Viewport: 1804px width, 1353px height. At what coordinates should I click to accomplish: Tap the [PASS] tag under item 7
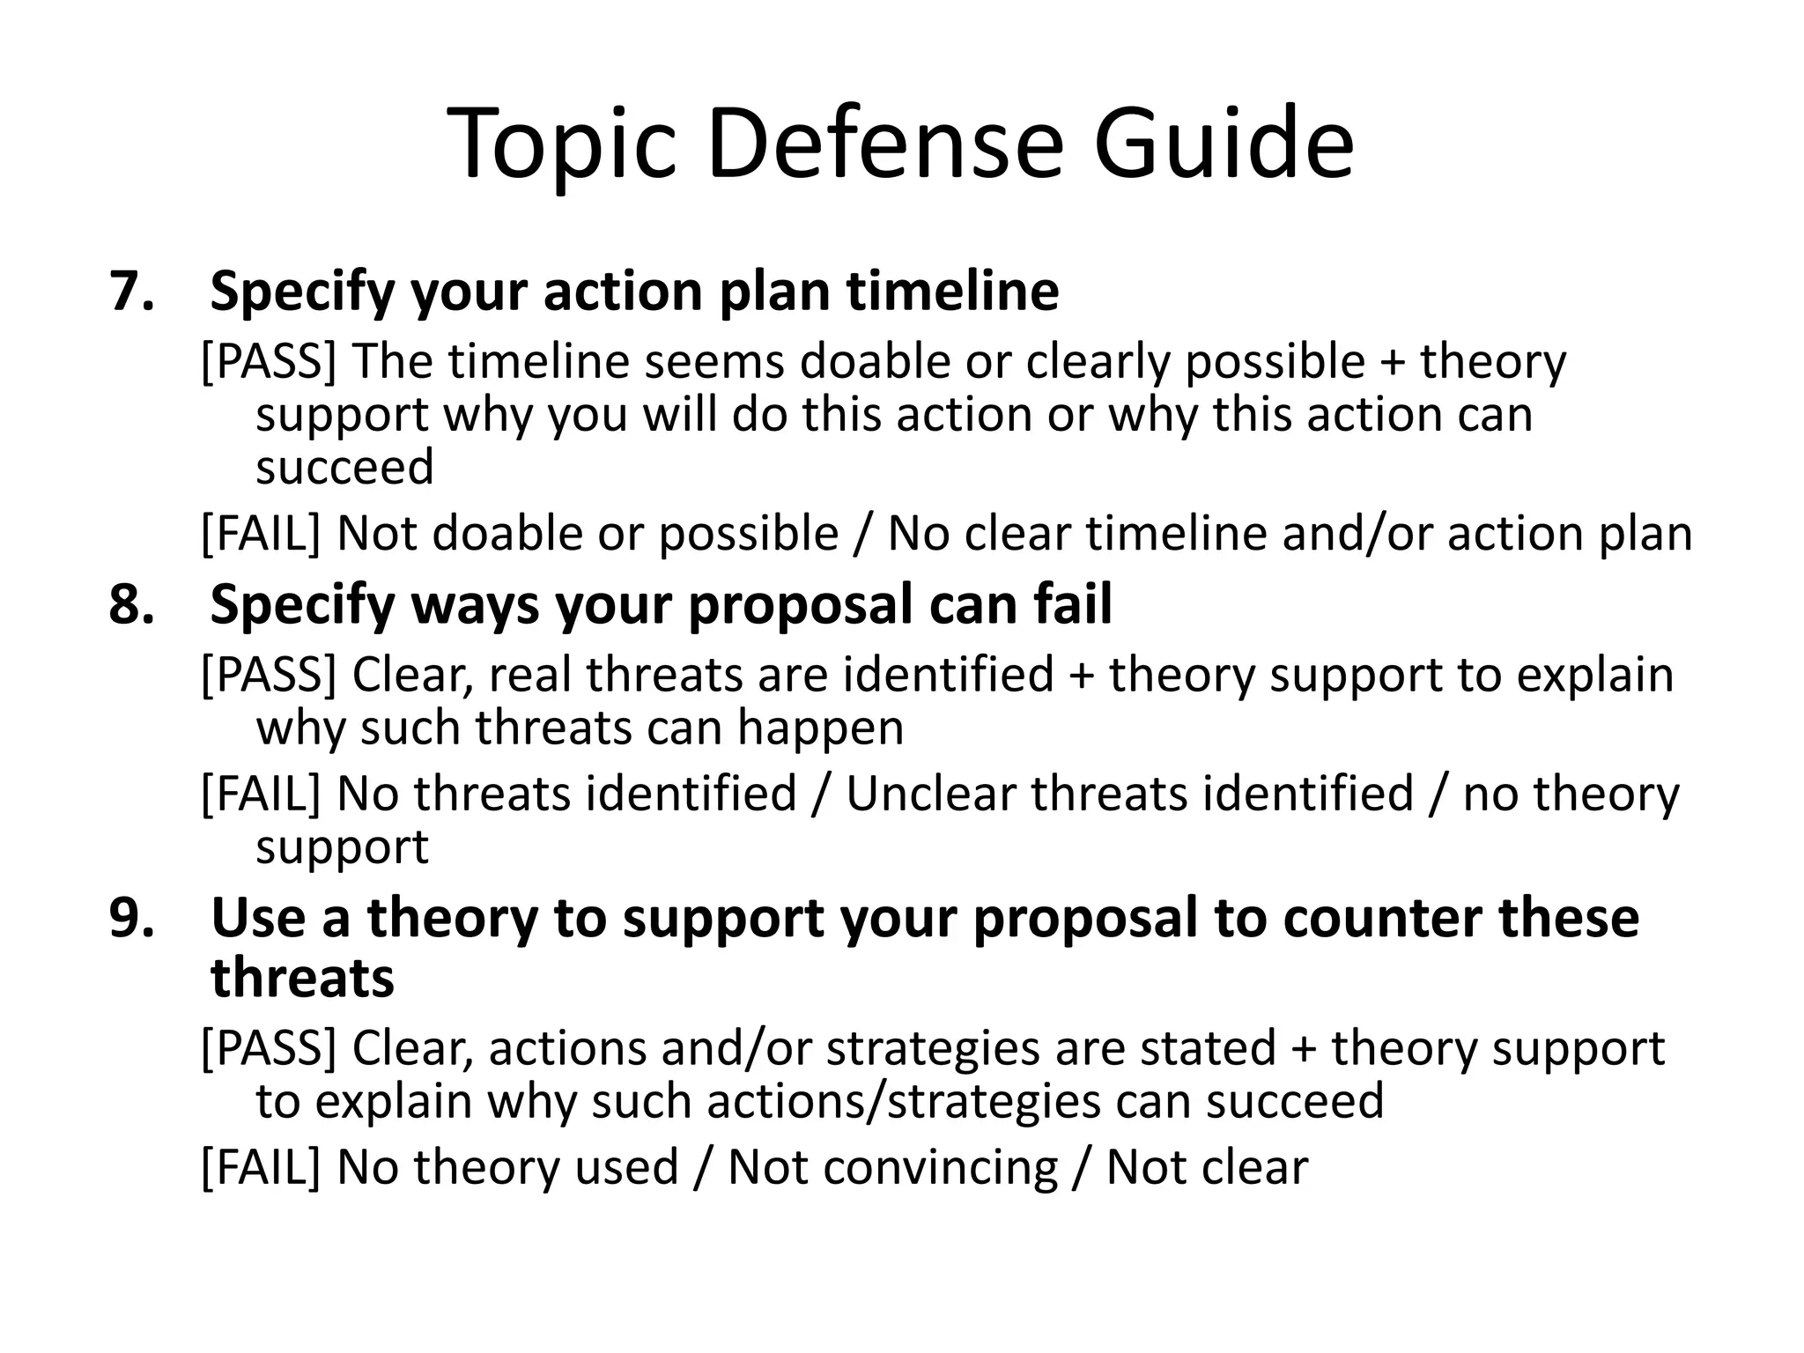(x=269, y=362)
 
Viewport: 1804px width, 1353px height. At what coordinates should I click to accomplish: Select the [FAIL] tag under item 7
(x=261, y=534)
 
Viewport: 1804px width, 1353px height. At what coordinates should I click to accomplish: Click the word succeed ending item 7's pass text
(x=344, y=467)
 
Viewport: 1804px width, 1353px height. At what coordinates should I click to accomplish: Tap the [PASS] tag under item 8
(x=269, y=675)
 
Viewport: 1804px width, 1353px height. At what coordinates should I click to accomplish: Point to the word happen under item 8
(x=820, y=728)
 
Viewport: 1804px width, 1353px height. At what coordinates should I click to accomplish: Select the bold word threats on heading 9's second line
(x=302, y=979)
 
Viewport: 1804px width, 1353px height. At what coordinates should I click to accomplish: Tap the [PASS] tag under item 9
(x=269, y=1049)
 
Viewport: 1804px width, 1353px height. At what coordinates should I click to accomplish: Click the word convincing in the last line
(x=892, y=1168)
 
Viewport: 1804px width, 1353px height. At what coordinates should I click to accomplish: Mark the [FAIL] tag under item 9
(x=261, y=1168)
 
